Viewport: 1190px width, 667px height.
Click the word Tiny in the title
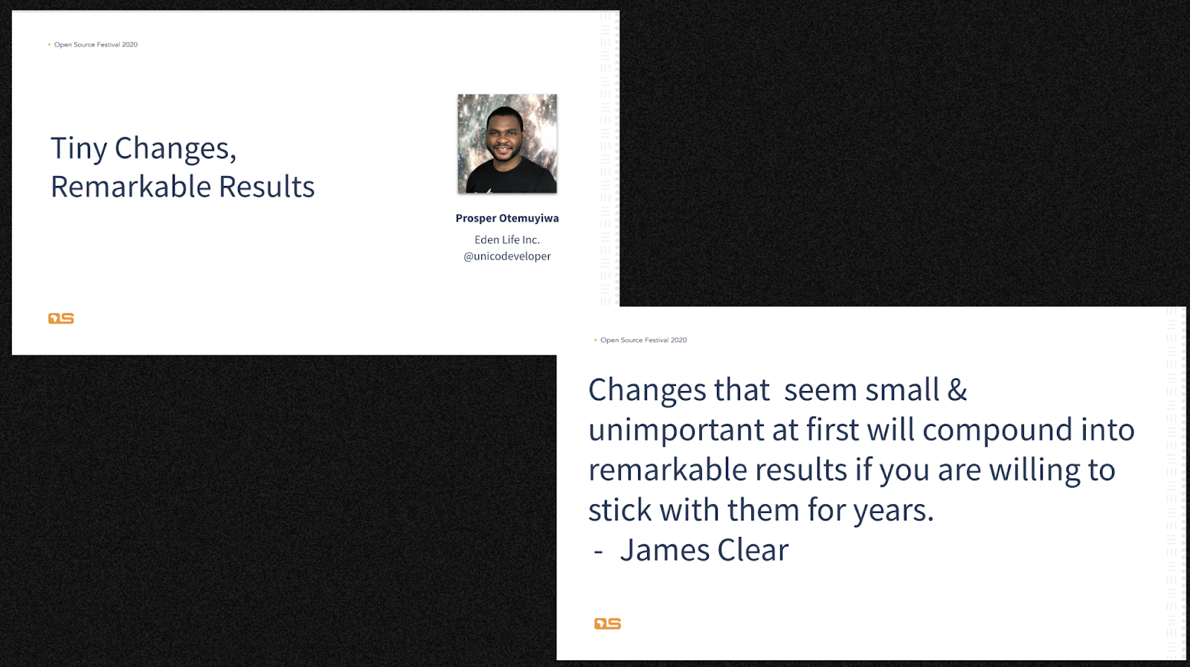pos(79,149)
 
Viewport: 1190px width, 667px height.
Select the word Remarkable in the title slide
pos(131,187)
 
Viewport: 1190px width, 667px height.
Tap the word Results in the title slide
pos(267,187)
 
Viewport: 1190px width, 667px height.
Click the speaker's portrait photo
pos(507,144)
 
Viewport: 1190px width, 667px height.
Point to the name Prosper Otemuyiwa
pos(507,219)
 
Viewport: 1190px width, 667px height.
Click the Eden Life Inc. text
pos(507,240)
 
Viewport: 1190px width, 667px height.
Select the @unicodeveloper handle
pos(507,257)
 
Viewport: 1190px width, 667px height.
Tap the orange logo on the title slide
pos(61,318)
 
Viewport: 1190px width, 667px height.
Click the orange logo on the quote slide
pos(607,623)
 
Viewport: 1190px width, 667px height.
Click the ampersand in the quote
pos(957,389)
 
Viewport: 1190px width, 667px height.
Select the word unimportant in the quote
pos(676,431)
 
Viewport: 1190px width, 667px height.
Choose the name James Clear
pos(704,550)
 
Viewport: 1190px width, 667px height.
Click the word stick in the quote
pos(620,510)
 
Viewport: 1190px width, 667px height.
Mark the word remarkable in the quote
pos(665,470)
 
